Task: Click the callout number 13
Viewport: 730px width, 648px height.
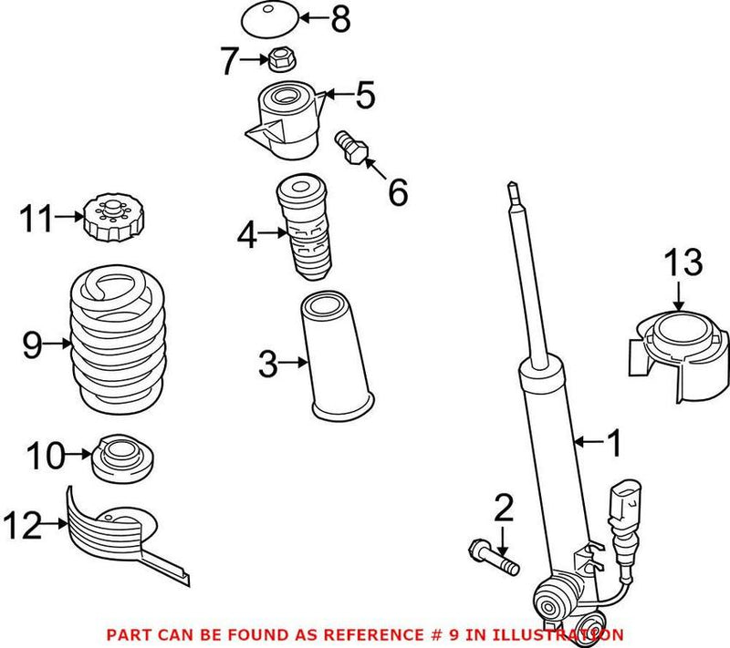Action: [683, 262]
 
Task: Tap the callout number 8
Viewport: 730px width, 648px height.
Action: [339, 18]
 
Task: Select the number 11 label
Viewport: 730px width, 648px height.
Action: [40, 219]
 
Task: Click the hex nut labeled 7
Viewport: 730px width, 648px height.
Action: [279, 61]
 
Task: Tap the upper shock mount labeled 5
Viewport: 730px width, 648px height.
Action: [285, 118]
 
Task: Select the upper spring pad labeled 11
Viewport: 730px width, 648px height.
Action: [109, 221]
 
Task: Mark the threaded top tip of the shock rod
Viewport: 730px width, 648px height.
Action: [514, 193]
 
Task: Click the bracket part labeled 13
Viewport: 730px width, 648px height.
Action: [680, 351]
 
